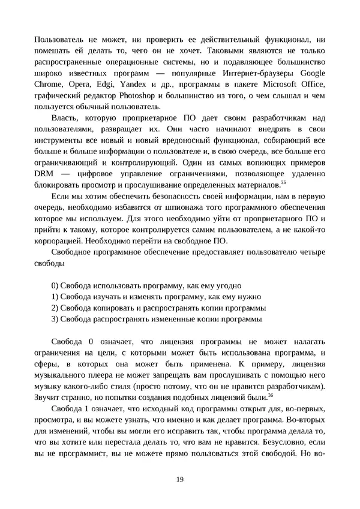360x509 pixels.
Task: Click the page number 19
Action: pos(180,478)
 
